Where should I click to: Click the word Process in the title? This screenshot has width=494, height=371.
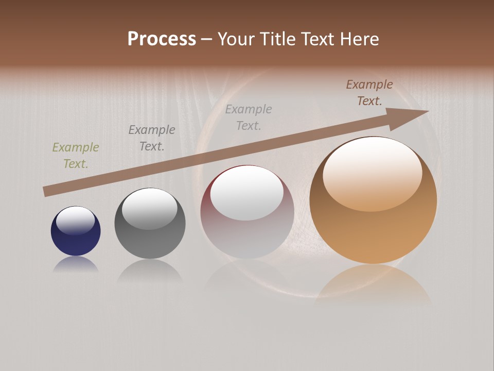[x=162, y=39]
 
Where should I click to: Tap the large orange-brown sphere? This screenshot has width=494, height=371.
[x=373, y=232]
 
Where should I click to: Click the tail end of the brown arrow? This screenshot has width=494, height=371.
[x=47, y=191]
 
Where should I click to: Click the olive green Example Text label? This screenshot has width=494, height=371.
[x=76, y=156]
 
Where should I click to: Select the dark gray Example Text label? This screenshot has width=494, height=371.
[x=152, y=138]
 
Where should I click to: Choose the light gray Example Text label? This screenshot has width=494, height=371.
[x=249, y=117]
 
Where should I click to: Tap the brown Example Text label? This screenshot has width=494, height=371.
[x=369, y=93]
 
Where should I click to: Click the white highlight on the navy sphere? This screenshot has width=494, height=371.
[x=75, y=221]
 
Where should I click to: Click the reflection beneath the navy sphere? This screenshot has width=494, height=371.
[x=76, y=265]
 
